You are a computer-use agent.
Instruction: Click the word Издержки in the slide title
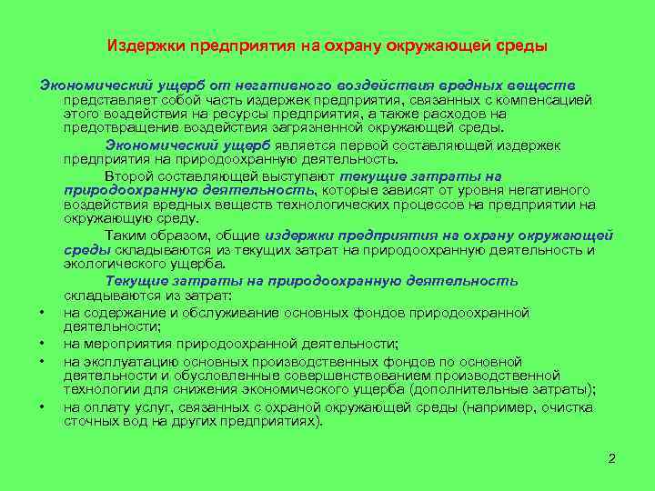click(x=138, y=44)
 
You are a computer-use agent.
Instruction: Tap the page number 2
click(x=612, y=457)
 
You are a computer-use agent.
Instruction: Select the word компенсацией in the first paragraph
click(x=549, y=99)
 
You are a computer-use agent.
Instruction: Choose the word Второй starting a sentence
click(x=128, y=175)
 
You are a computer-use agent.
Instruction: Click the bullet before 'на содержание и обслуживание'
click(x=44, y=314)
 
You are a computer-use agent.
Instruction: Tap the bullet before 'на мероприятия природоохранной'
click(x=44, y=344)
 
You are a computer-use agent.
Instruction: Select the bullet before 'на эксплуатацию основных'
click(x=44, y=361)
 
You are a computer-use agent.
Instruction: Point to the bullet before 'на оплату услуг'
click(x=44, y=406)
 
